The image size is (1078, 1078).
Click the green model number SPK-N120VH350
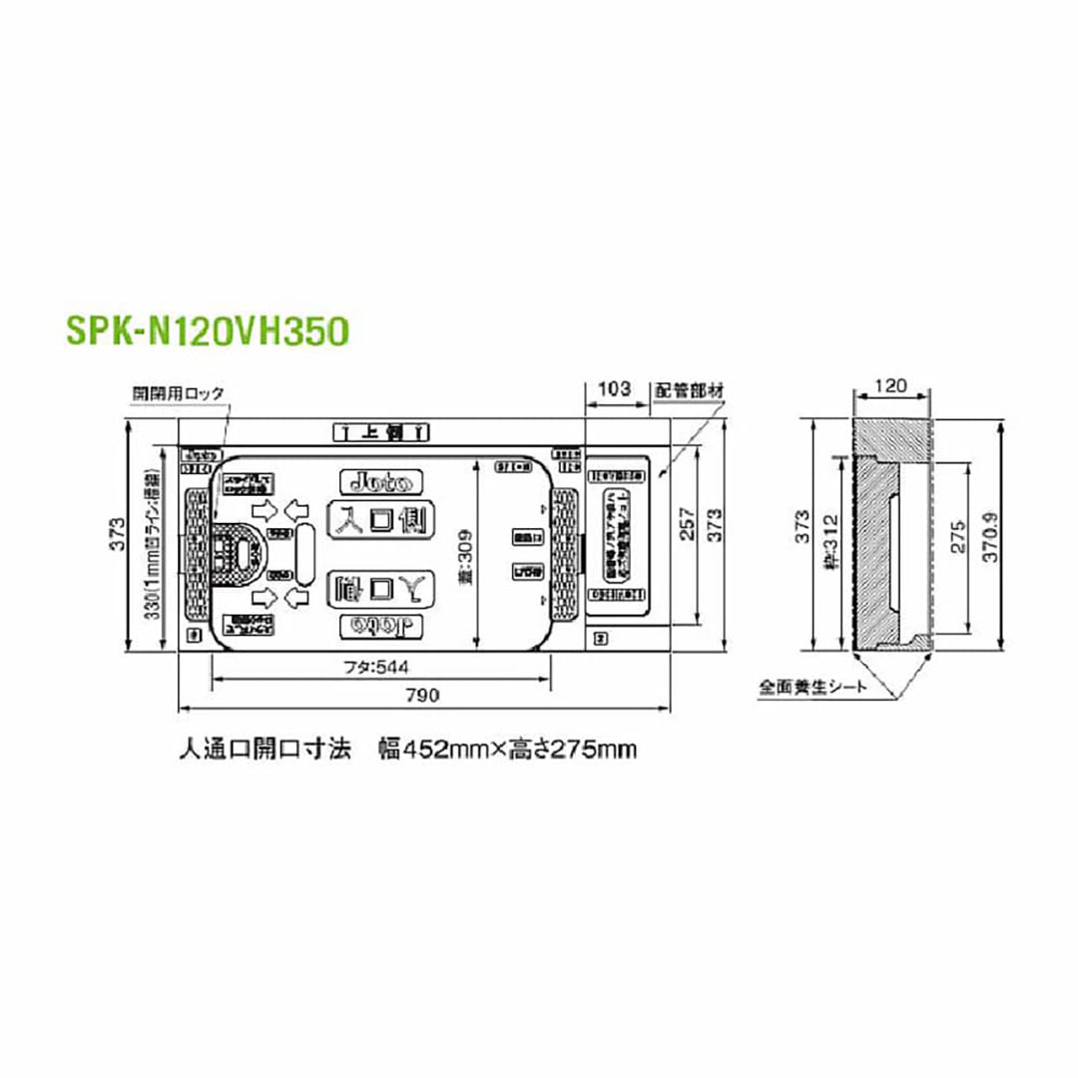pos(208,329)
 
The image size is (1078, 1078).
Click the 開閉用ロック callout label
pos(179,393)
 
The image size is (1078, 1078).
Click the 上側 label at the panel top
pos(379,431)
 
